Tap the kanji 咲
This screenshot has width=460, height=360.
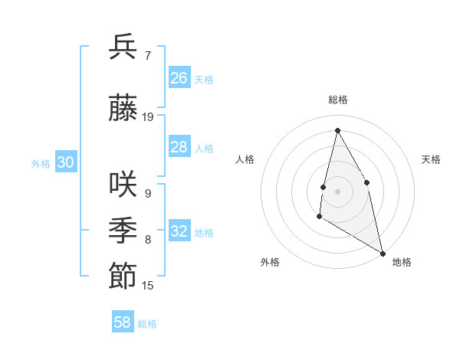coord(123,184)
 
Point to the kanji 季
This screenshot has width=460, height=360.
coord(123,230)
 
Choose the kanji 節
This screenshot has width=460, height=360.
coord(123,276)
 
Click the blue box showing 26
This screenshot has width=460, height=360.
coord(179,78)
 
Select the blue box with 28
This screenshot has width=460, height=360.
coord(179,147)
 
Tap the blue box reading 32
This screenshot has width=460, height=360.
coord(179,231)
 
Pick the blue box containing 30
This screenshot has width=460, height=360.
coord(66,162)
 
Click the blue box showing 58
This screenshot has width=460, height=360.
coord(123,322)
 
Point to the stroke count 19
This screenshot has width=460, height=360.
coord(148,117)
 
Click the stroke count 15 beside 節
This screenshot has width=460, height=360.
coord(148,286)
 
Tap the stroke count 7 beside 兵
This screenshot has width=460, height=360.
coord(147,56)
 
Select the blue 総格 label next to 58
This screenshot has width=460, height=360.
coord(148,324)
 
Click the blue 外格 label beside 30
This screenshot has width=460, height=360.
coord(41,163)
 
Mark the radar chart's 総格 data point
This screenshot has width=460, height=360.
coord(337,129)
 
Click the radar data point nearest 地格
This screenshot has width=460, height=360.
coord(383,254)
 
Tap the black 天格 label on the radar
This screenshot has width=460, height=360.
coord(431,159)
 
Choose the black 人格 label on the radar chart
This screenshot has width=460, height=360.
coord(245,159)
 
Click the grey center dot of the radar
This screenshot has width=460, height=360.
coord(337,191)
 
